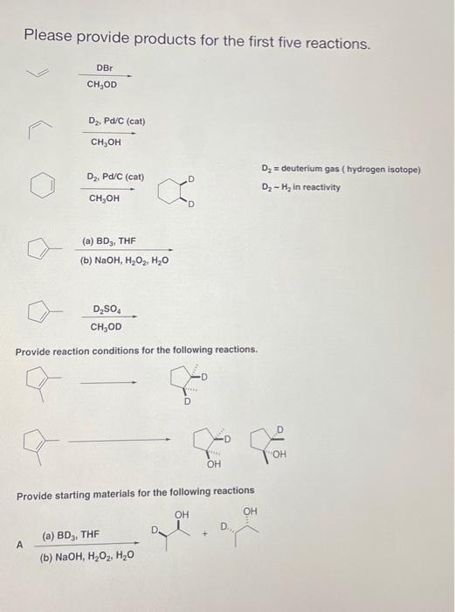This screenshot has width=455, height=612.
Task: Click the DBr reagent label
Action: pos(103,67)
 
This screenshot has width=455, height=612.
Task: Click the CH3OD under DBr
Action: pos(102,85)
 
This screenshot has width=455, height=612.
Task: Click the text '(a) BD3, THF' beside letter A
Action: pos(71,534)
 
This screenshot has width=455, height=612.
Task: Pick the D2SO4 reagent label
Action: pos(107,309)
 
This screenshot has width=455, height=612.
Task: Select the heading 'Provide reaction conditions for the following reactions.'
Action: pos(137,350)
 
